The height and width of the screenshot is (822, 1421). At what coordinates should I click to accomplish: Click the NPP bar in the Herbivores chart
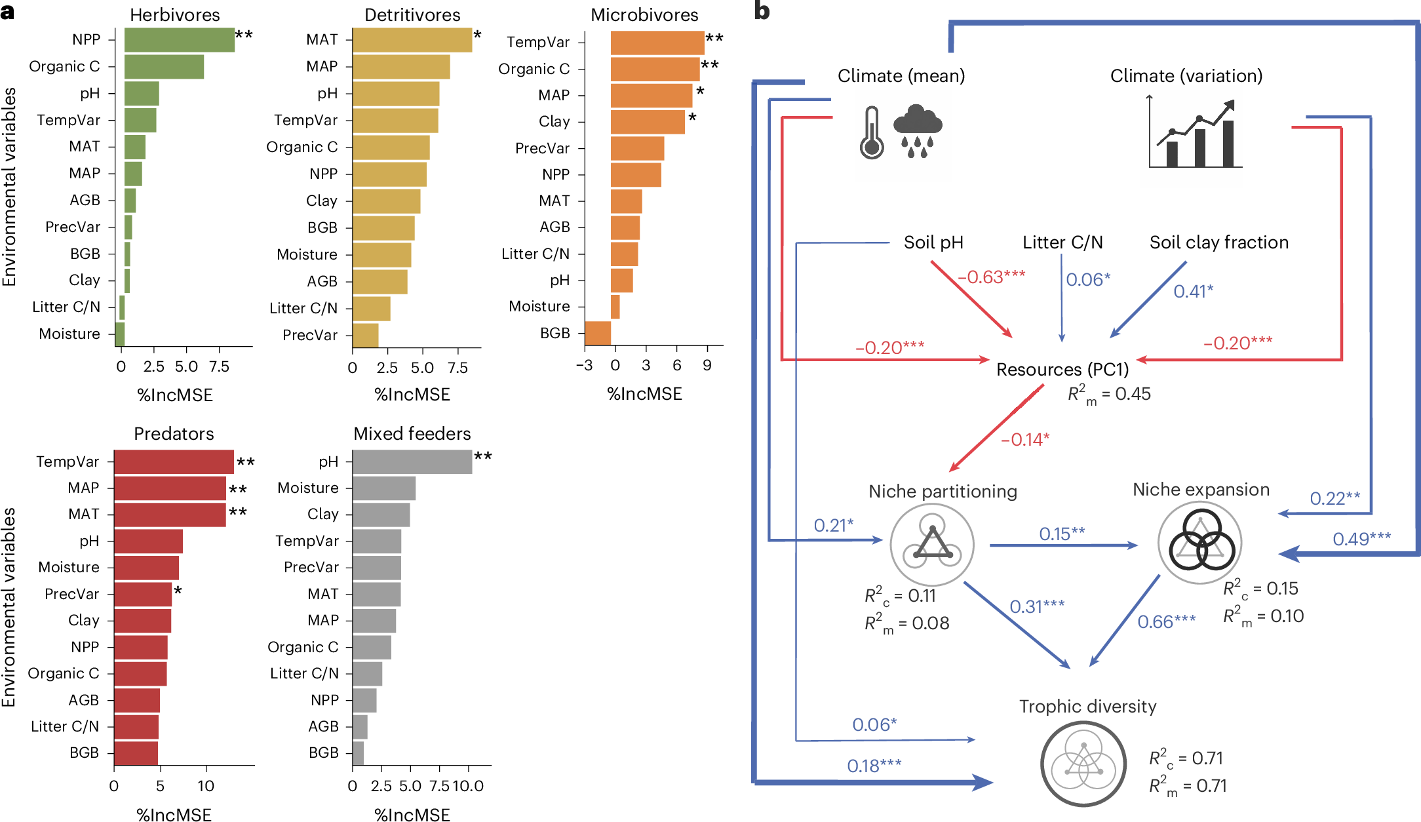[179, 40]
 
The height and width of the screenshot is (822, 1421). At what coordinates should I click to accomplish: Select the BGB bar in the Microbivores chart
[597, 333]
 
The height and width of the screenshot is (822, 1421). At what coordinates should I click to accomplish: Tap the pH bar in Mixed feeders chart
[412, 462]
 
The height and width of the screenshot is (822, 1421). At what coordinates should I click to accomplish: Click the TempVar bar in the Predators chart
[174, 462]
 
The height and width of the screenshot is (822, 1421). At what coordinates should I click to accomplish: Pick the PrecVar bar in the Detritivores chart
[365, 335]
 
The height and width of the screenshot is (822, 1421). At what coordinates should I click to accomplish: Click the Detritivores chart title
[412, 14]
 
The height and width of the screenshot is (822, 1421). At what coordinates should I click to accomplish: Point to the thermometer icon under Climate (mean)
[872, 133]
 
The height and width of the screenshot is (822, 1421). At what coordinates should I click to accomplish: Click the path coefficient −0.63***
[991, 277]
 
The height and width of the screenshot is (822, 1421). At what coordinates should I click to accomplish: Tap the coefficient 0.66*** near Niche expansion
[1166, 621]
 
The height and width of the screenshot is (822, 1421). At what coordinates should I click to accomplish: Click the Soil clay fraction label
[1218, 243]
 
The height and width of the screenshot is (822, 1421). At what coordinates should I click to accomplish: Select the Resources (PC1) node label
[1062, 370]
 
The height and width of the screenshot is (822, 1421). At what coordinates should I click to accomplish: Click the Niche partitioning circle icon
[931, 545]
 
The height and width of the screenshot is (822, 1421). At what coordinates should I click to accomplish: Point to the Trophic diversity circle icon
[1083, 764]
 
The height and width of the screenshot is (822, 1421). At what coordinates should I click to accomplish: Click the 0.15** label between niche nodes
[1062, 534]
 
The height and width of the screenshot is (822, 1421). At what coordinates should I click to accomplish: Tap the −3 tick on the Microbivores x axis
[584, 366]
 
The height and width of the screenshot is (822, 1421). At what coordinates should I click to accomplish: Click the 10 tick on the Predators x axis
[206, 786]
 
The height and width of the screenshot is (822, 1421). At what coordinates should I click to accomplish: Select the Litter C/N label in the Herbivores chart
[66, 307]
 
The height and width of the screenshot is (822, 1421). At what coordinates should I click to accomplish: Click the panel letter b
[762, 10]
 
